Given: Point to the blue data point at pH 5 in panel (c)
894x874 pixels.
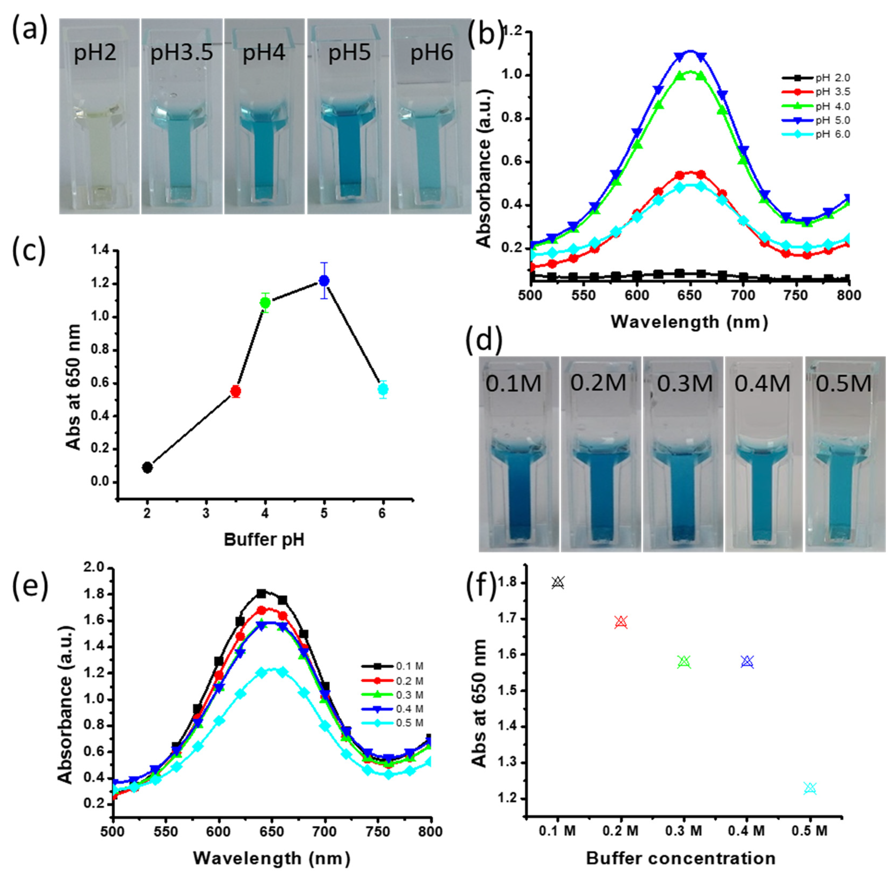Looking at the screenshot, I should point(324,280).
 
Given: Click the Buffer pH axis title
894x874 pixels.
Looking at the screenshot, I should point(264,540).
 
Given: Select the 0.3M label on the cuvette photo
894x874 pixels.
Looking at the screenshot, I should point(684,383).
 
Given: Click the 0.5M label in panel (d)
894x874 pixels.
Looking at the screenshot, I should point(844,383).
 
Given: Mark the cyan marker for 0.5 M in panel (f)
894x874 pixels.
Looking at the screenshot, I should point(810,788).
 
